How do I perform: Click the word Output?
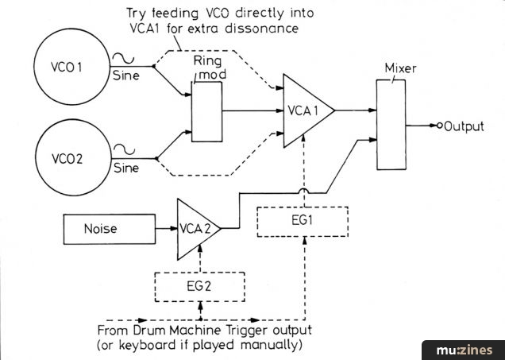(465, 126)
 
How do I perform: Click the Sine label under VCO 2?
(127, 169)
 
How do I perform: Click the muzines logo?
(465, 350)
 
